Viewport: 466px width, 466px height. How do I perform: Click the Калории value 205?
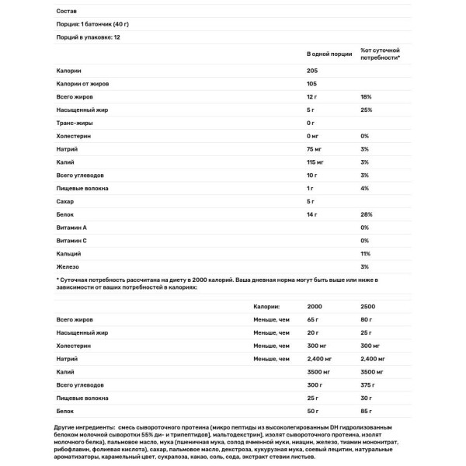click(x=313, y=71)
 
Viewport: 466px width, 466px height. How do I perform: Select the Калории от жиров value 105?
click(x=313, y=84)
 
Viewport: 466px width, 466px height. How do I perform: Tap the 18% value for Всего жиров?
click(x=366, y=97)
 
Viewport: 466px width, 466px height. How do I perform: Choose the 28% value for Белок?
click(x=366, y=214)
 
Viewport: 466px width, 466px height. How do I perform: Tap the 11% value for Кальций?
click(x=365, y=253)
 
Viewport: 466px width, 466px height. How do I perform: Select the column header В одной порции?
click(x=329, y=54)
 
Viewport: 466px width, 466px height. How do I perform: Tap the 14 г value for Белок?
click(x=313, y=214)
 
